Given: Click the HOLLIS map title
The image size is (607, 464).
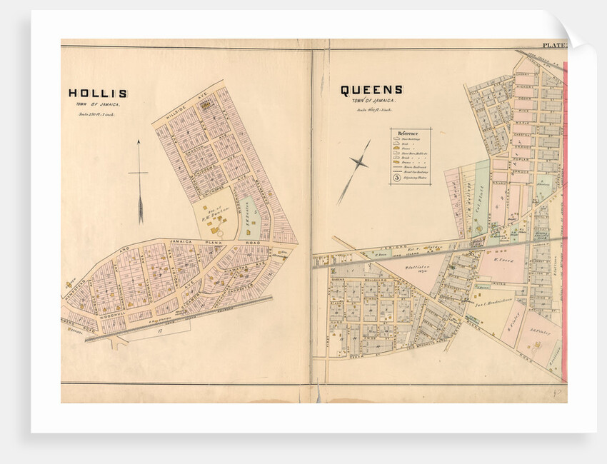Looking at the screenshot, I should point(98,93).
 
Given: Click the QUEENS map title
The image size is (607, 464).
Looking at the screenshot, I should point(371,90).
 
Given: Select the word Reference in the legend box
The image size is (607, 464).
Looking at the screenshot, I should point(408,133).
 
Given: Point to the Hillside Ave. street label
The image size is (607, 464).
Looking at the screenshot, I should point(183,104).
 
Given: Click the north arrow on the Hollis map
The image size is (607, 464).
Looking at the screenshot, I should point(140,182).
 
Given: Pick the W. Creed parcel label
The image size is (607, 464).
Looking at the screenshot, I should point(506,260).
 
